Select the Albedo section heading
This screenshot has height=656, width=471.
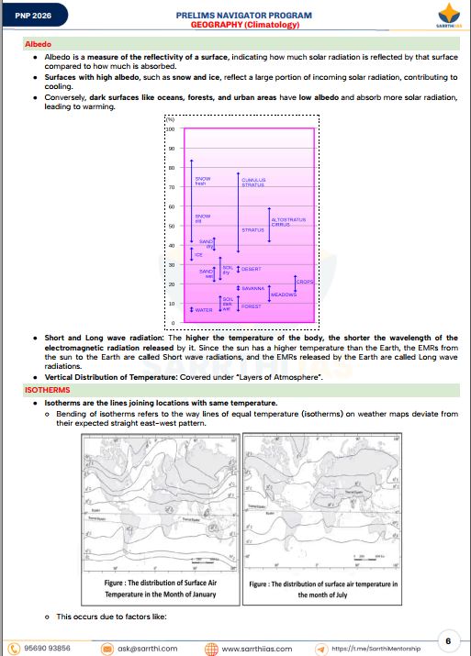38,44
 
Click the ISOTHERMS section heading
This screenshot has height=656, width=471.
46,391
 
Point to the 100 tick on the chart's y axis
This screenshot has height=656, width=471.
171,129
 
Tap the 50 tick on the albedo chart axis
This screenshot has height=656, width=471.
171,227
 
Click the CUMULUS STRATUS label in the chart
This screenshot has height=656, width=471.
252,183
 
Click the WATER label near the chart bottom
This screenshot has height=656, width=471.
204,310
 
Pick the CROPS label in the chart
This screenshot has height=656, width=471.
305,282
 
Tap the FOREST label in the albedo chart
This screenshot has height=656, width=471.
251,306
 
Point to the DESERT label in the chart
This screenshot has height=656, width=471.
251,269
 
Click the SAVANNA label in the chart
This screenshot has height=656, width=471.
252,288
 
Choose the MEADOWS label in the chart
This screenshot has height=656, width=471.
284,295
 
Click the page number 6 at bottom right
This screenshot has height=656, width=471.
447,639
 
